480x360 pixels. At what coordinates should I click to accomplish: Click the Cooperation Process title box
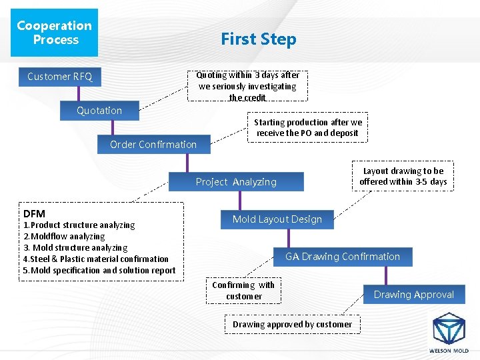[x=54, y=33]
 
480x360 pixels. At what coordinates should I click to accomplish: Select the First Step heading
[x=259, y=39]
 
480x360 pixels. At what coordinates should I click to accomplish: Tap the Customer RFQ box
[x=60, y=77]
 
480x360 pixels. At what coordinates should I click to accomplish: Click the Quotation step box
[x=99, y=111]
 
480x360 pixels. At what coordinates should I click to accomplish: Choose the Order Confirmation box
[x=153, y=145]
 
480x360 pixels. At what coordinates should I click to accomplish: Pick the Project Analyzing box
[x=236, y=182]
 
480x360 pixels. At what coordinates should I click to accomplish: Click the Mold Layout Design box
[x=277, y=219]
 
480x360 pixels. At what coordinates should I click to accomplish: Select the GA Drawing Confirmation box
[x=343, y=257]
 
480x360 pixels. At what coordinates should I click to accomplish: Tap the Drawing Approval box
[x=413, y=295]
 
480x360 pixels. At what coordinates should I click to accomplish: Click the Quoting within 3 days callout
[x=247, y=86]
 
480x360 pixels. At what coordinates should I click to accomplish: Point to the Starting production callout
[x=308, y=127]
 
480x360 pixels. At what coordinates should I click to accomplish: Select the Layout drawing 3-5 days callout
[x=403, y=177]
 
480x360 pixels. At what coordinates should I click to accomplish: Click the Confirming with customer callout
[x=243, y=291]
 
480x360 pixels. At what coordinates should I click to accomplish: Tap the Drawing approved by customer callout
[x=292, y=325]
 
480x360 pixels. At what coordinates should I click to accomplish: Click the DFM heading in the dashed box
[x=34, y=213]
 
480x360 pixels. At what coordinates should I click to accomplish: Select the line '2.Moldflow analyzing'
[x=64, y=237]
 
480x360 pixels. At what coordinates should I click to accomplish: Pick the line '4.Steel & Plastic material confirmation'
[x=96, y=259]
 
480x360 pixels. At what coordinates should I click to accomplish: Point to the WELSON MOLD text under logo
[x=449, y=351]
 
